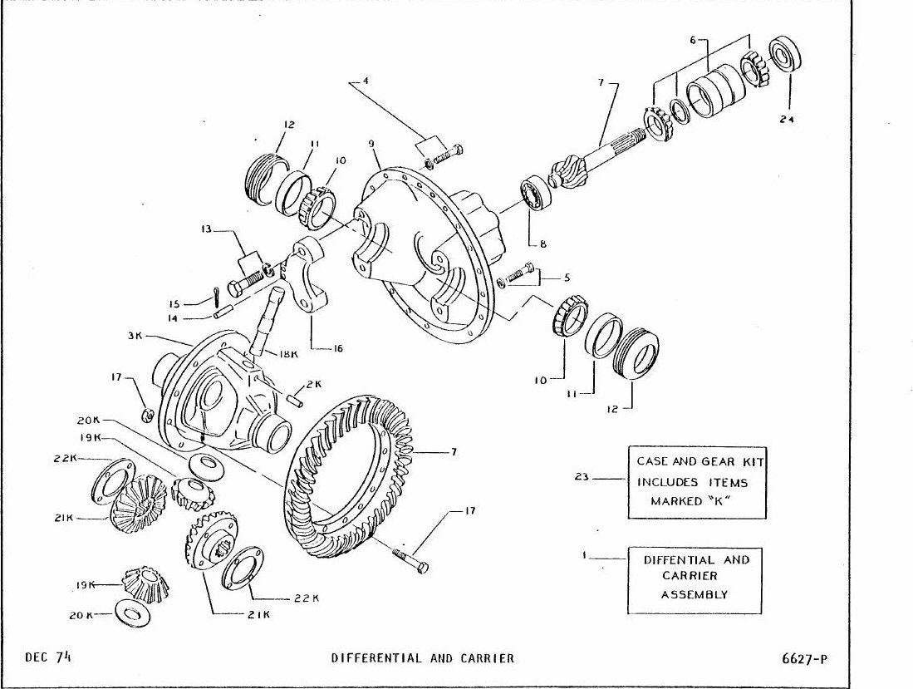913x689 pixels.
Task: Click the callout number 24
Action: coord(788,119)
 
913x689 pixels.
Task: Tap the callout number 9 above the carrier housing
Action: coord(371,143)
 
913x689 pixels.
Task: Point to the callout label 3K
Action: coord(135,336)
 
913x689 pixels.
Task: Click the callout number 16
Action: coord(338,349)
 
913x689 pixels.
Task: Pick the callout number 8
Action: coord(542,244)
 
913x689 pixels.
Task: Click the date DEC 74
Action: coord(48,657)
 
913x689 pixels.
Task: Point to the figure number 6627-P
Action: coord(805,659)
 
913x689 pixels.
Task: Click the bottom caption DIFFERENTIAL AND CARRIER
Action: coord(423,658)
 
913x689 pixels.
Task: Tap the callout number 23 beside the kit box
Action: coord(581,477)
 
